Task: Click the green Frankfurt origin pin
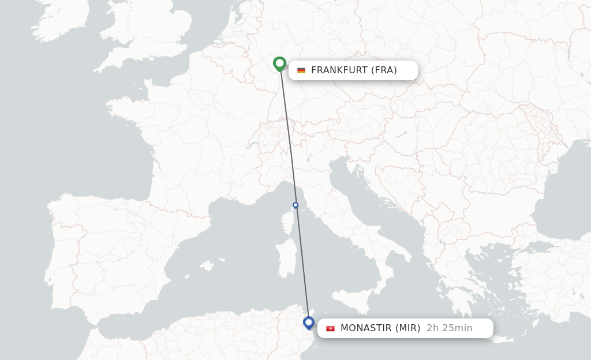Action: tap(280, 63)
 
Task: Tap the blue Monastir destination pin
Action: tap(309, 322)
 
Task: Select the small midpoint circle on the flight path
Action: tap(295, 205)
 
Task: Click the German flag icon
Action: tap(301, 70)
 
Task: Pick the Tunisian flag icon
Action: tap(330, 328)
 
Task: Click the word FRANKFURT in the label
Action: tap(339, 70)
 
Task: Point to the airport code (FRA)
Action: tap(384, 70)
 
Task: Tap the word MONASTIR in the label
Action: tap(366, 328)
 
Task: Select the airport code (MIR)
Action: tap(407, 328)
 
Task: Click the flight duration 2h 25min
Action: tap(450, 328)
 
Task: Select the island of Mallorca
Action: tap(205, 267)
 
